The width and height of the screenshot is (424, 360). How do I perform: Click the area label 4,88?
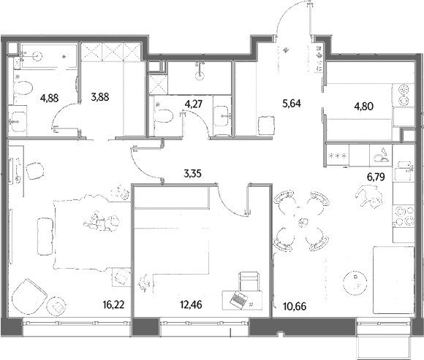pos(49,98)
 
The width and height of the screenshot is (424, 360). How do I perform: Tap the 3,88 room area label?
pos(100,96)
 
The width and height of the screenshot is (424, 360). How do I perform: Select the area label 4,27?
pos(193,104)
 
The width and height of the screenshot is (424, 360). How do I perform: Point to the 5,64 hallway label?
pos(292,103)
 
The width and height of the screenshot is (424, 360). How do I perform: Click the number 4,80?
pos(364,106)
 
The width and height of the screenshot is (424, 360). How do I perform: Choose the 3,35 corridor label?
pos(192,173)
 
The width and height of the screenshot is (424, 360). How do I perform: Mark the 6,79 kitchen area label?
pos(376,177)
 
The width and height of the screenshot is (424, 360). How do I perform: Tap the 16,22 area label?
pos(113,305)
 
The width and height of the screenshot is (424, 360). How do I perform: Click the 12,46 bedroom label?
pos(192,305)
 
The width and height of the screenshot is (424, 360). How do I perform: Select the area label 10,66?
pos(295,307)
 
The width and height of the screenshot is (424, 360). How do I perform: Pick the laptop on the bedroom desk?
pos(238,299)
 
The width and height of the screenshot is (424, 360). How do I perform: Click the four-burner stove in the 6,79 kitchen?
pos(404,216)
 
